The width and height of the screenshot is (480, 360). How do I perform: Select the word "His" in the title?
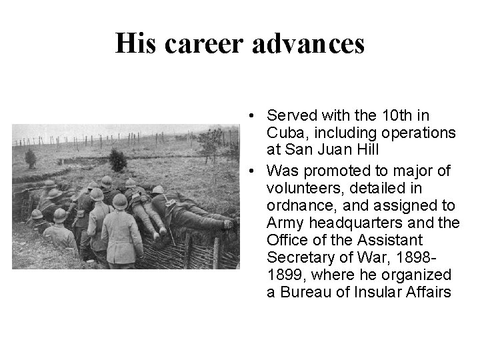(135, 44)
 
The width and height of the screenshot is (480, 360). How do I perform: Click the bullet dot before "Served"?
(247, 117)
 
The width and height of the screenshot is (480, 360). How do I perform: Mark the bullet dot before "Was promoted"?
(247, 172)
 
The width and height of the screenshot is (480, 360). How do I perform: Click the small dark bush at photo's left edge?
(30, 158)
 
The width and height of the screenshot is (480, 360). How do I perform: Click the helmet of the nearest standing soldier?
(120, 201)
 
